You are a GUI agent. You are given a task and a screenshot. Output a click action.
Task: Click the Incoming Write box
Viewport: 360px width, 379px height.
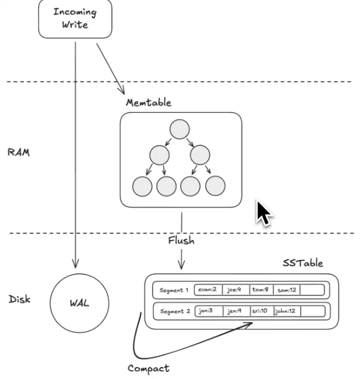[x=74, y=18]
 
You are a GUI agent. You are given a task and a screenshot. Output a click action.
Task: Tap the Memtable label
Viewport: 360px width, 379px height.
[x=148, y=103]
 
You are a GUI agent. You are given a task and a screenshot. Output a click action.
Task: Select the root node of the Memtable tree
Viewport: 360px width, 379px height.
[x=179, y=129]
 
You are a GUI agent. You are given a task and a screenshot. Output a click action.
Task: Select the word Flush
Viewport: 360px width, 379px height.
[x=181, y=241]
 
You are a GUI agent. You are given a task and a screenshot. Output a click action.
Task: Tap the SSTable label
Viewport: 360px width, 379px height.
[x=302, y=263]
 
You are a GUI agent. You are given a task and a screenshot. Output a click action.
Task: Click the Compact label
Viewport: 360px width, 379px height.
[x=148, y=368]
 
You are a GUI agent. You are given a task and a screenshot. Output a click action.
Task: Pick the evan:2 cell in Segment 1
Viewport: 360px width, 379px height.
[x=208, y=290]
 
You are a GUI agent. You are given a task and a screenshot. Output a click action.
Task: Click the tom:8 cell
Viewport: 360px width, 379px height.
[x=261, y=290]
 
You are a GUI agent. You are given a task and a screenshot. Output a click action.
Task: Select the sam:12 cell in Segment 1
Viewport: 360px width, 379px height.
[x=287, y=290]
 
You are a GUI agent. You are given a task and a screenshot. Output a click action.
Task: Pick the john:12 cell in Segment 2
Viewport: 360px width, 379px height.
[x=287, y=311]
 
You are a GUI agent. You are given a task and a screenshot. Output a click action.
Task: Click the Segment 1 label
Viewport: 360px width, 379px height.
[x=173, y=290]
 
